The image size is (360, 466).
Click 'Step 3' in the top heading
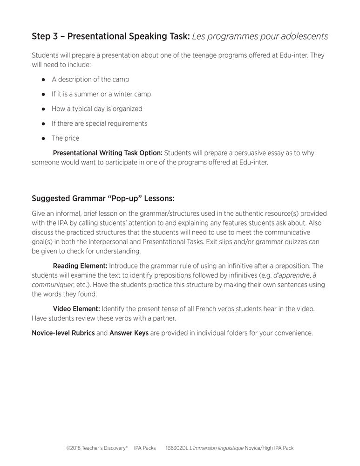pos(46,36)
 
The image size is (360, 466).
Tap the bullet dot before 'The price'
pos(43,138)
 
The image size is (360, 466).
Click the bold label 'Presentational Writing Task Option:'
pos(108,153)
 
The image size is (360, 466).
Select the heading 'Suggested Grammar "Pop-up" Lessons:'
pos(103,198)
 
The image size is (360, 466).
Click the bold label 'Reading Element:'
pos(80,266)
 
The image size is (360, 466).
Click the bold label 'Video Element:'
pos(76,308)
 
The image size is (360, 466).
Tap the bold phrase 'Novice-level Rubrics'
pos(63,333)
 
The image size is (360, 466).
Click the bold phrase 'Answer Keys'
pos(129,333)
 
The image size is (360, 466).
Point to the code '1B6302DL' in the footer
pos(176,448)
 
